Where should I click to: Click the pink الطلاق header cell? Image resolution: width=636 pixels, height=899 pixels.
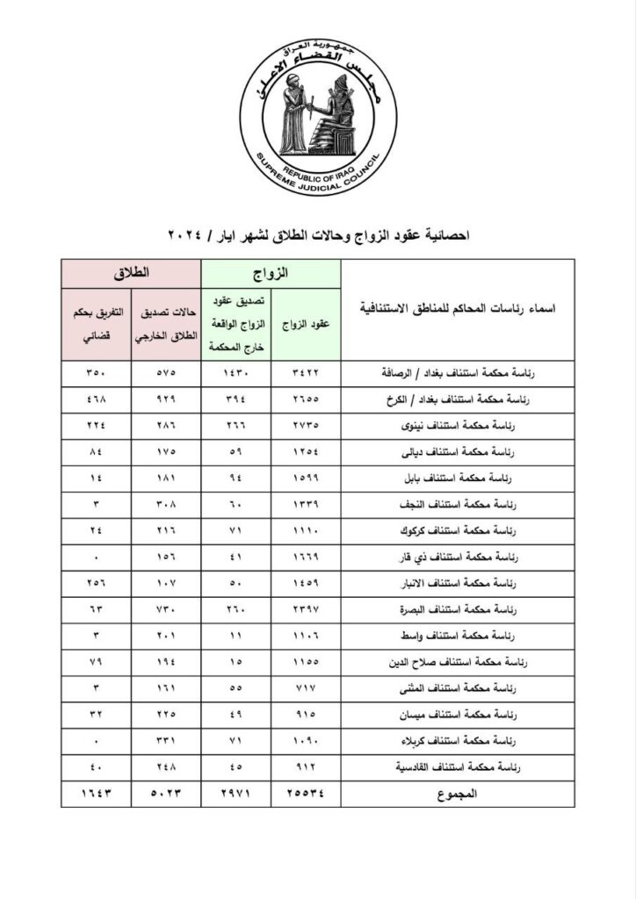tap(132, 274)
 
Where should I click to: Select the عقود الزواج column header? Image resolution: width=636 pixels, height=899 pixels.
tap(306, 324)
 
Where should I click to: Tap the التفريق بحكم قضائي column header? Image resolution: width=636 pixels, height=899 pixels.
tap(97, 324)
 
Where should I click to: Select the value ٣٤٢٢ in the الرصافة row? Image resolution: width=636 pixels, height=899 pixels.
tap(306, 372)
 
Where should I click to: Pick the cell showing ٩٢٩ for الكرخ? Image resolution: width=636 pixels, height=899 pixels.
tap(167, 398)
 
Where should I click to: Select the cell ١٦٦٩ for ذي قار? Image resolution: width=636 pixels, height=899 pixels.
tap(306, 557)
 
